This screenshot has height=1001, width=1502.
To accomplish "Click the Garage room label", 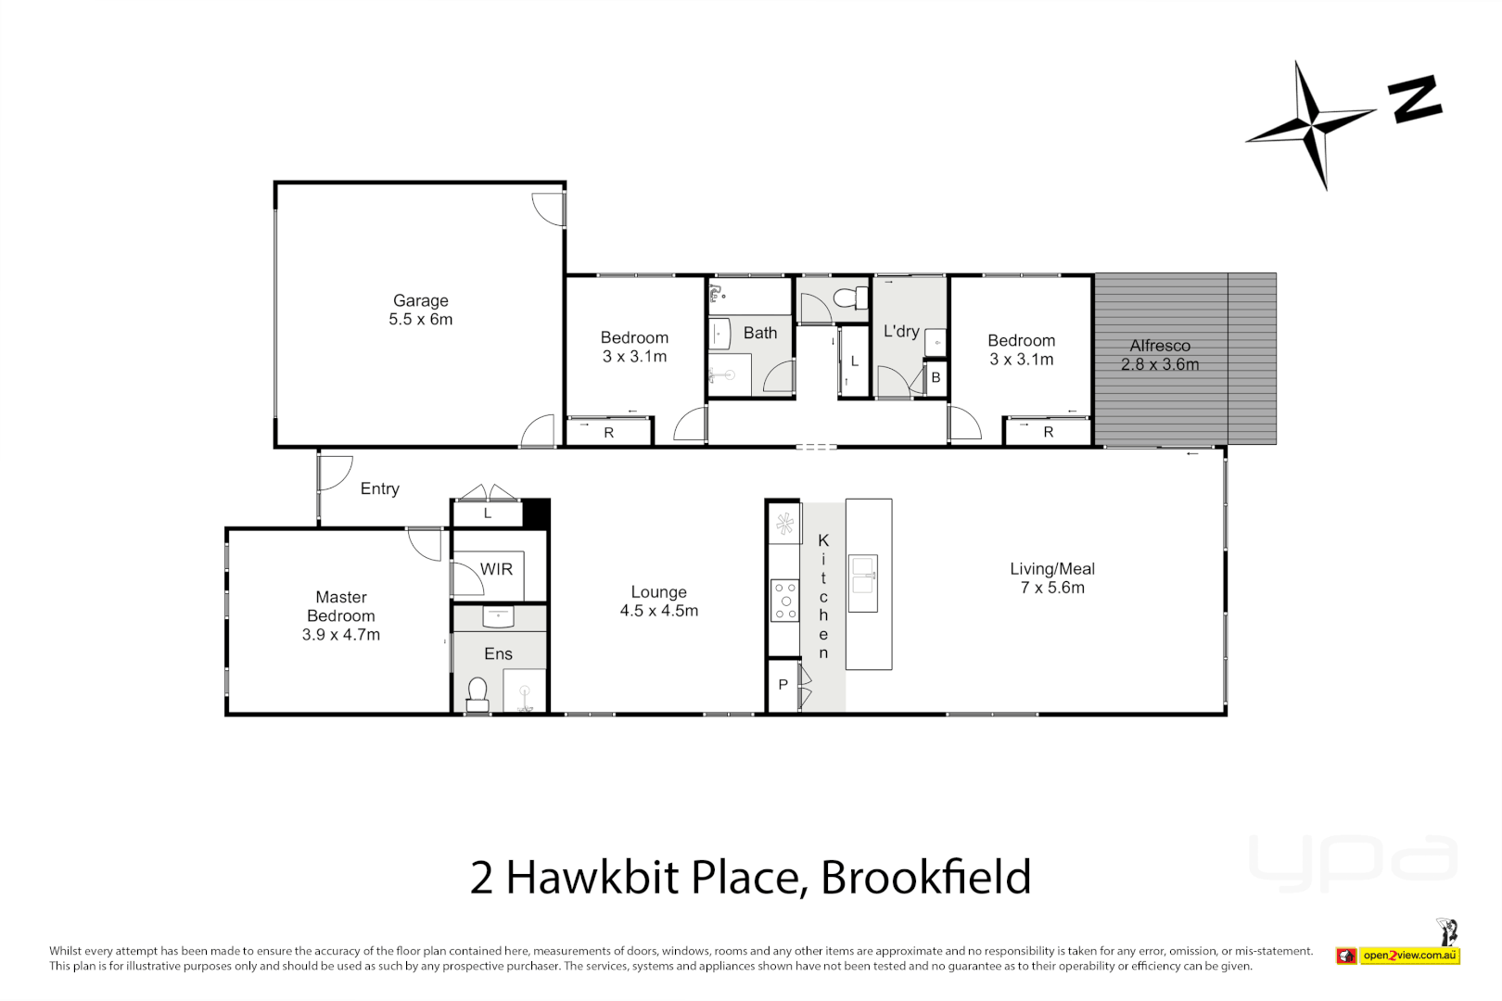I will coord(420,310).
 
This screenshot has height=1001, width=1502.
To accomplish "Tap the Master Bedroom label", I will coord(340,615).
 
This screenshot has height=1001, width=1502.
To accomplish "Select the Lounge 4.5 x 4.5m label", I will coord(658,601).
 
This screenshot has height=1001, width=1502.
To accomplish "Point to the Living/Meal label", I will coord(1051,577).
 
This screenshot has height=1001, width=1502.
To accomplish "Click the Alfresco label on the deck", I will coord(1159,355).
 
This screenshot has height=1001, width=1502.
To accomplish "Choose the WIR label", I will coord(496,569).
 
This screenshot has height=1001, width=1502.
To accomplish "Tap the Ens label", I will coord(498,653).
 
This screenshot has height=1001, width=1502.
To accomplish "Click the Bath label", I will coord(759,333).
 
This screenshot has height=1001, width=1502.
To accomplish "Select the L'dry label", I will coord(900,331).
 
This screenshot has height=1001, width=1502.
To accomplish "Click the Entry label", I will coord(379,488).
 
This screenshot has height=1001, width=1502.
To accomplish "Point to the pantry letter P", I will coord(783,685).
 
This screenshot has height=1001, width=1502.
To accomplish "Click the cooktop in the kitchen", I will coord(785,601).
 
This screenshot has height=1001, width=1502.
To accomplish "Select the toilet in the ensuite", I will coord(477,693).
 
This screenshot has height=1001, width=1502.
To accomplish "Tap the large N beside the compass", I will coord(1414,99).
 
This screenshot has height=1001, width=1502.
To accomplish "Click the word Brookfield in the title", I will coord(925,877).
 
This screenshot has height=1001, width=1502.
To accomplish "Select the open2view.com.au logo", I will coord(1398,955).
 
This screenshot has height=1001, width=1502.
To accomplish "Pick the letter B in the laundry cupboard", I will coord(936,377).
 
